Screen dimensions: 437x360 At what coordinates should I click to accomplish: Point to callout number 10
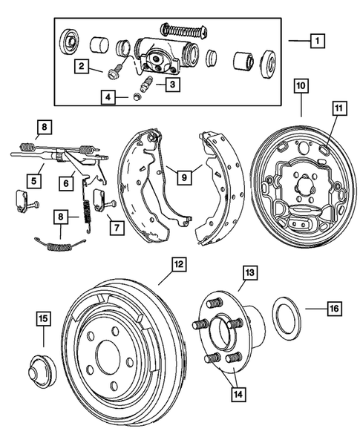(300, 86)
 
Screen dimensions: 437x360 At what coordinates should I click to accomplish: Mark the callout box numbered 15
(44, 319)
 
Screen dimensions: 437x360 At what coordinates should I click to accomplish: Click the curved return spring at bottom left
(59, 243)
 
